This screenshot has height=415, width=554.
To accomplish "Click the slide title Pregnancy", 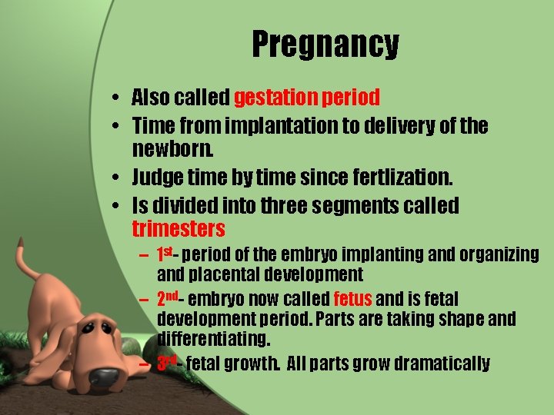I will [x=325, y=45].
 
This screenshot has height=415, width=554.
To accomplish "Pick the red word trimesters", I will [x=179, y=229].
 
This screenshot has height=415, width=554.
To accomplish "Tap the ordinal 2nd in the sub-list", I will [x=169, y=298].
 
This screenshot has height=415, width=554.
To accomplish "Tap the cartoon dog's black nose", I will [x=103, y=377].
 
